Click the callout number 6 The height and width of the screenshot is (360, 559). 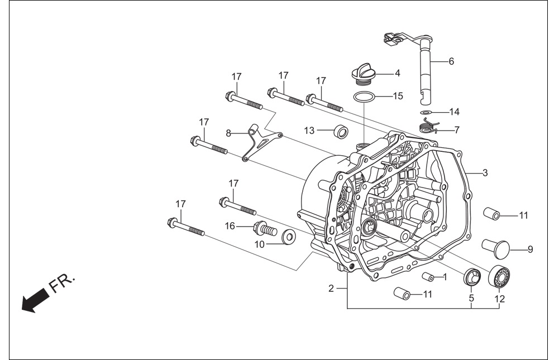click(451, 61)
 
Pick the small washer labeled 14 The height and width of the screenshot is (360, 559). click(424, 112)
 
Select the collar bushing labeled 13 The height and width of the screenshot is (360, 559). click(341, 131)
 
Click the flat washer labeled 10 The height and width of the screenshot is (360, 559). click(288, 236)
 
